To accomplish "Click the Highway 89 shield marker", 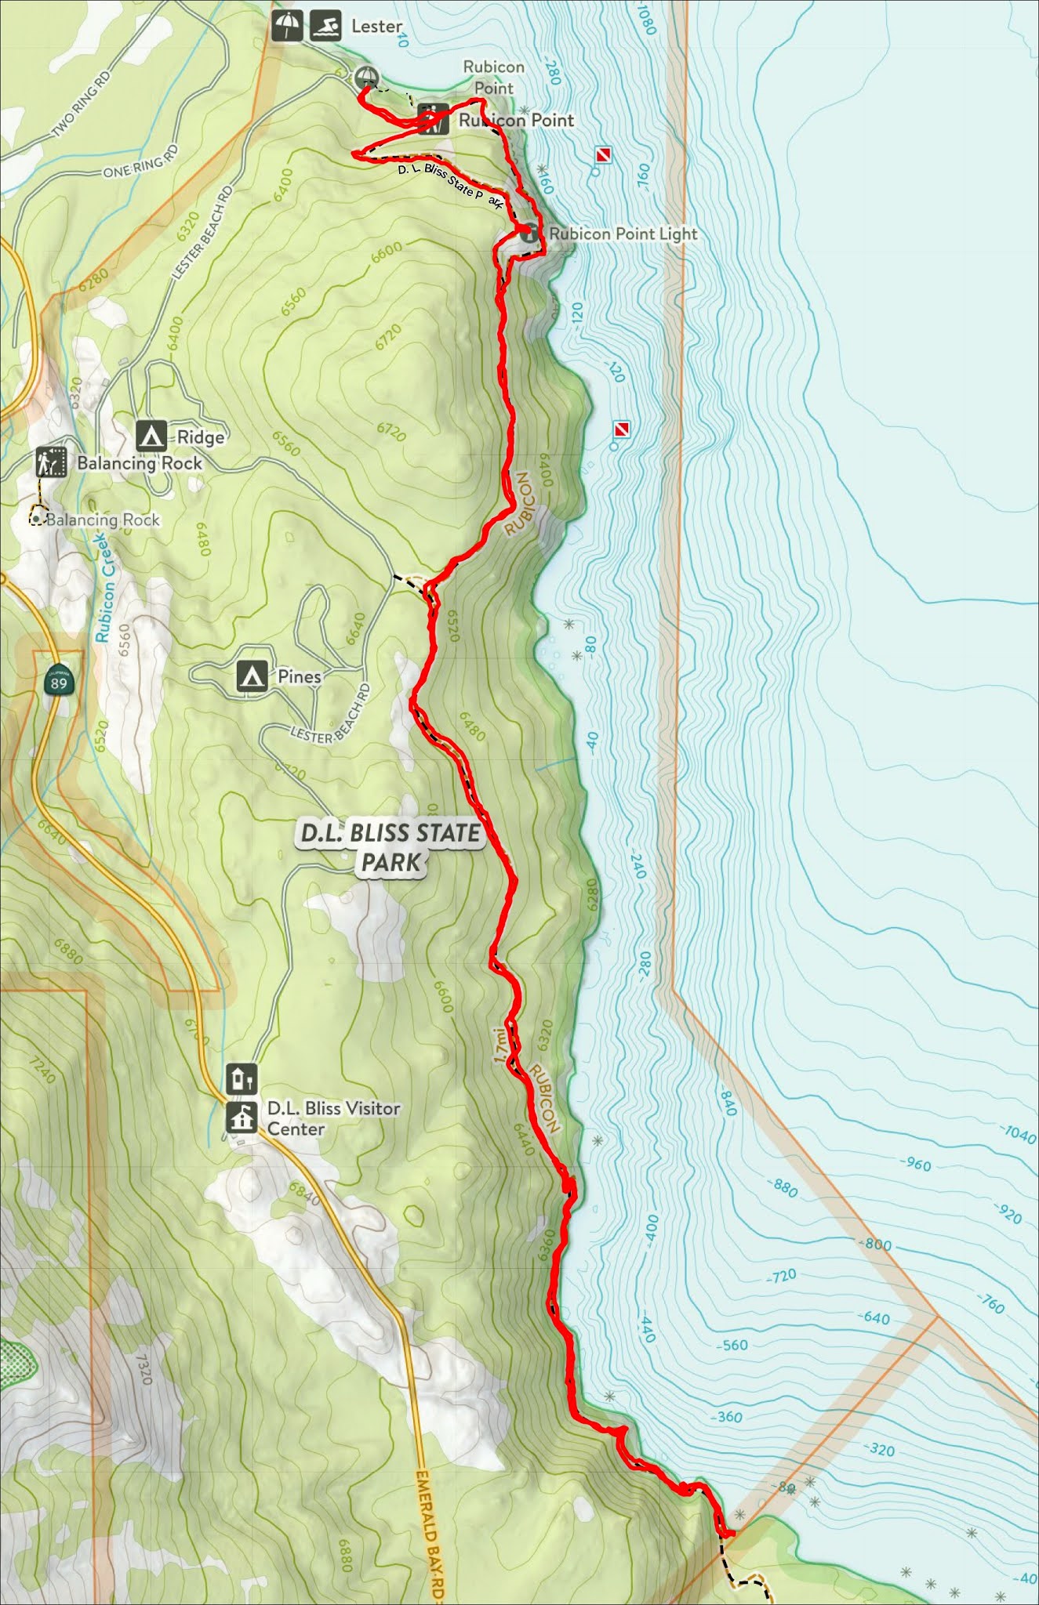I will (58, 679).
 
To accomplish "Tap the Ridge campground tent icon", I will (151, 435).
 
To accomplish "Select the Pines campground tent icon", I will (251, 675).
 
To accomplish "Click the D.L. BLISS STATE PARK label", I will (391, 847).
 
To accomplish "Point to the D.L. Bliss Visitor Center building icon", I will (242, 1118).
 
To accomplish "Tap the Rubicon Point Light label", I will (623, 234).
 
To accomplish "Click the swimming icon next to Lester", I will (325, 26).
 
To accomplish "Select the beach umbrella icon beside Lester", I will (288, 26).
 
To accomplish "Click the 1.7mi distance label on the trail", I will (500, 1045).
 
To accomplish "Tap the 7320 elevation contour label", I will (143, 1368).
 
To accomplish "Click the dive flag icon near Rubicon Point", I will (602, 155).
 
